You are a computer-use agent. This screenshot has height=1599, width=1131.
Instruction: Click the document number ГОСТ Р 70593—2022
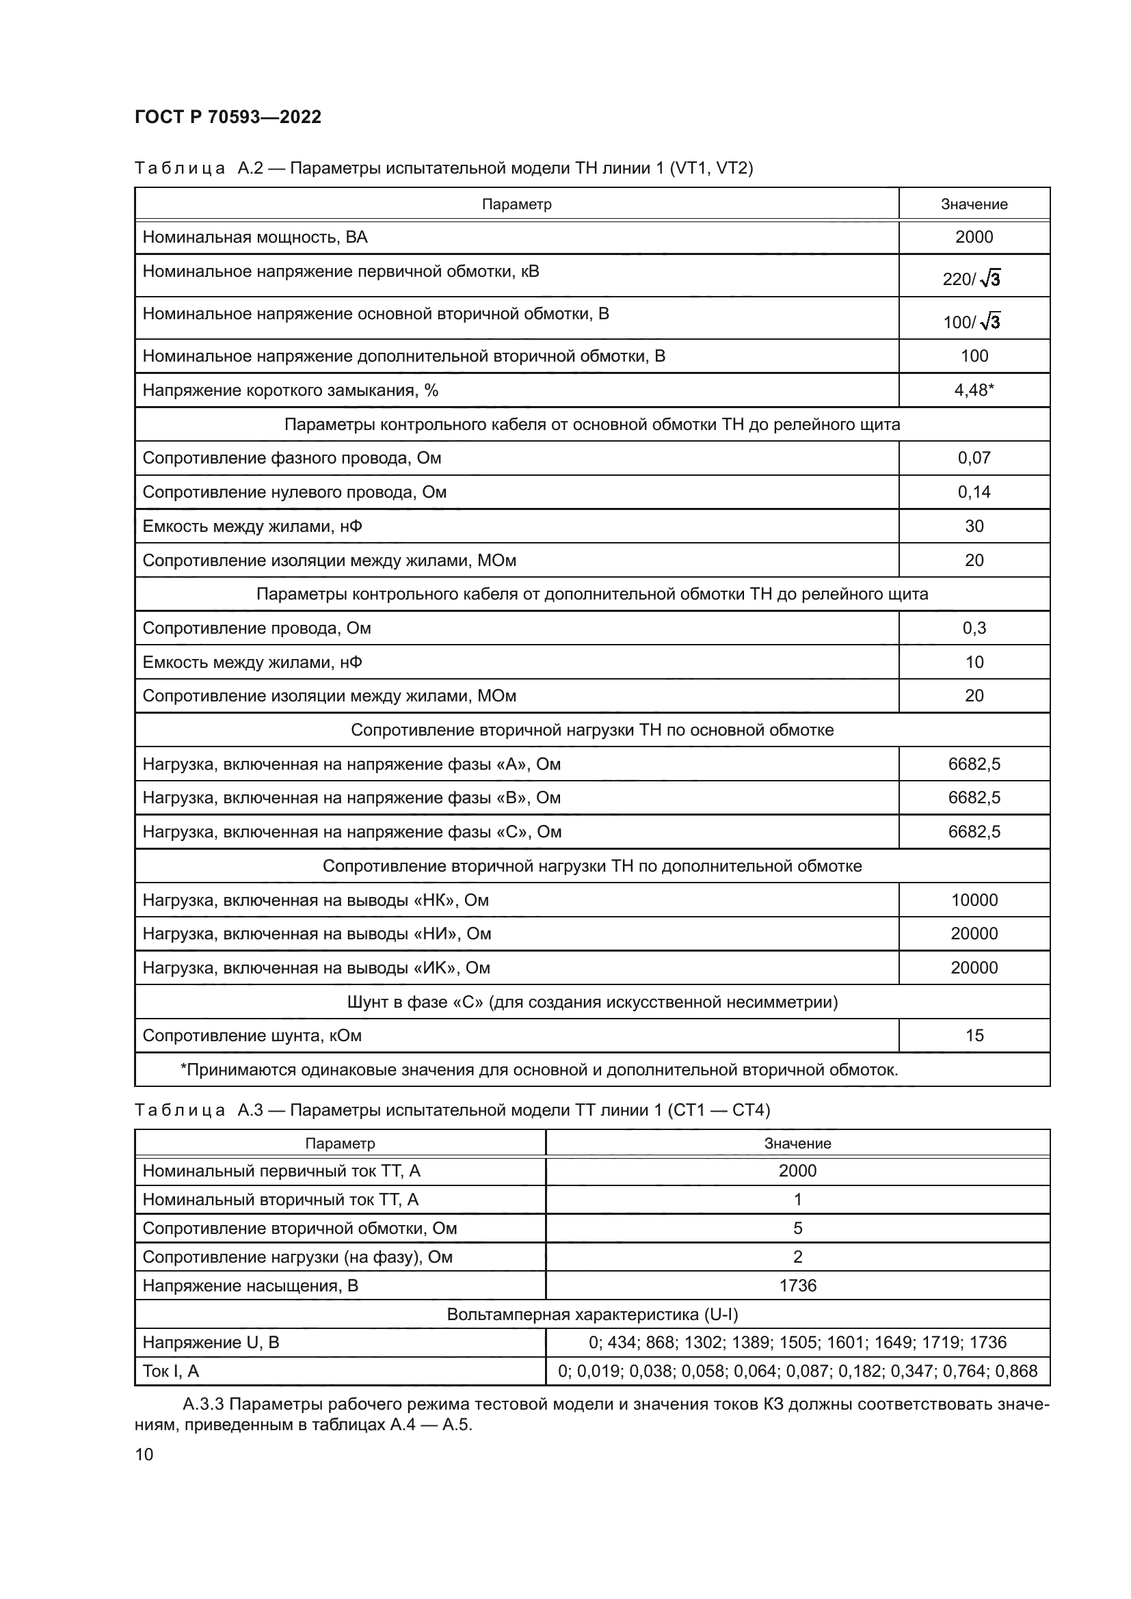[228, 117]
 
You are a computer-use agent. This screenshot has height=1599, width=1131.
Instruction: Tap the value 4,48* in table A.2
[974, 390]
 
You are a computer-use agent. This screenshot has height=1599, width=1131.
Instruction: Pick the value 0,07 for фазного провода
[974, 457]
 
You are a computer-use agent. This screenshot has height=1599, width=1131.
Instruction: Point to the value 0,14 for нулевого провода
[974, 492]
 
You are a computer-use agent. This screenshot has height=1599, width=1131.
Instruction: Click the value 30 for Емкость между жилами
[974, 526]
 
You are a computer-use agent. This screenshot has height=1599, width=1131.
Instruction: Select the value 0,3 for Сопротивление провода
[974, 628]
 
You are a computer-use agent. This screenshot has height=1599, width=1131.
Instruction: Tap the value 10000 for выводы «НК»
[974, 900]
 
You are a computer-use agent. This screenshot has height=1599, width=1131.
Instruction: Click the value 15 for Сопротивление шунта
[974, 1036]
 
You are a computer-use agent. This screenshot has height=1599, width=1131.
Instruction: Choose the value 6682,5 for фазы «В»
[974, 797]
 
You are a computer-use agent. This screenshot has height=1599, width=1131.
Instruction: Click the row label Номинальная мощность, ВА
[255, 237]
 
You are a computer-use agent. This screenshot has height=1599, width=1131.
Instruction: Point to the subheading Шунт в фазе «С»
[592, 1002]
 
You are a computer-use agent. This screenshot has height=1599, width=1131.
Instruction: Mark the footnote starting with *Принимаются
[539, 1070]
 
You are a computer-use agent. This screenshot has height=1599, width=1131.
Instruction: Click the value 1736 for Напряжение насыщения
[797, 1286]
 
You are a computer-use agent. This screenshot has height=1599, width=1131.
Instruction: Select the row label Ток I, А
[171, 1371]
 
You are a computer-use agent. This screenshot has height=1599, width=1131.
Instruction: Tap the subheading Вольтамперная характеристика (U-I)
[592, 1314]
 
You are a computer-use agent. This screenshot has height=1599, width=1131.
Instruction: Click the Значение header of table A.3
[797, 1144]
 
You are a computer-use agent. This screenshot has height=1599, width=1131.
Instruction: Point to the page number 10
[144, 1454]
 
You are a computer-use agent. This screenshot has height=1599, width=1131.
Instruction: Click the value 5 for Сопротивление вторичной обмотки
[797, 1228]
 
